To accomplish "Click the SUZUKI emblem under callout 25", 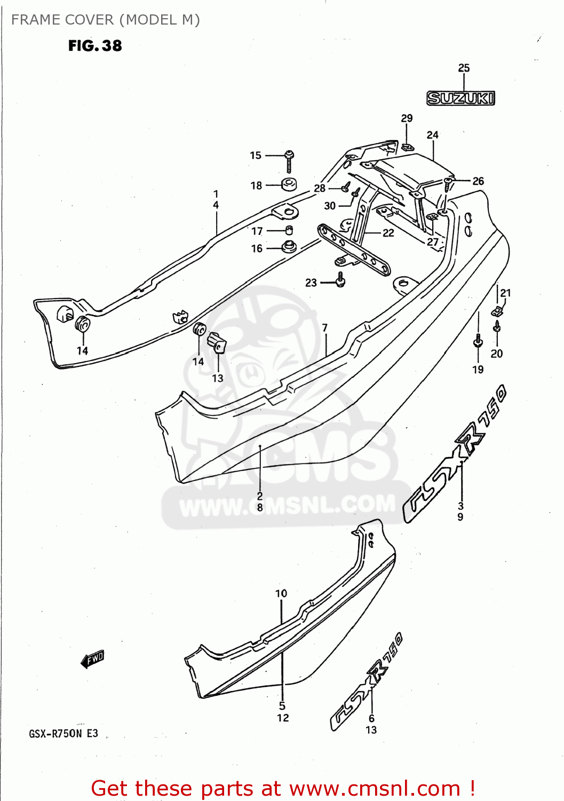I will point(460,98).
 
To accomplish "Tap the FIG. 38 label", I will point(95,46).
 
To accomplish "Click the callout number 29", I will point(407,118).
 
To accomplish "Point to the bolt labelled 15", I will point(289,160).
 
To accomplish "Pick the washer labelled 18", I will point(289,185).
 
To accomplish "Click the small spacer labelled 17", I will point(289,230).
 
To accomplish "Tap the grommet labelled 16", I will point(289,247).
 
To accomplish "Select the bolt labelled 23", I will point(340,279).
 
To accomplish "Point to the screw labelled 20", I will point(497,326).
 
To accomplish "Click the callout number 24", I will point(432,135).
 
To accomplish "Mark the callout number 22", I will point(388,233).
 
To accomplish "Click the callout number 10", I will point(281,593).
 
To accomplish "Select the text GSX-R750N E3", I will point(63,734).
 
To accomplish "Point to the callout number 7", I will point(324,327).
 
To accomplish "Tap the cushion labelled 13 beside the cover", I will point(218,342).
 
